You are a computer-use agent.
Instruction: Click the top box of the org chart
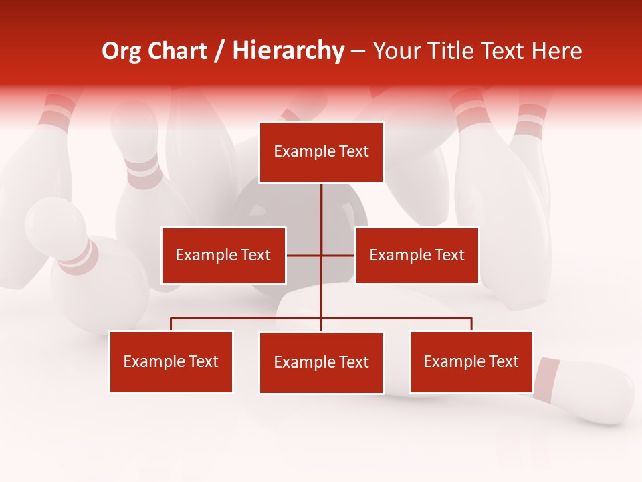[321, 152]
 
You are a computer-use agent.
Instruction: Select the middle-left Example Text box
[223, 255]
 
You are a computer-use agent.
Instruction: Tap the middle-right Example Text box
[417, 255]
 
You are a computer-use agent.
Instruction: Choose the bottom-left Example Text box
[171, 361]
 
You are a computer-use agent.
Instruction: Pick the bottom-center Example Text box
[321, 362]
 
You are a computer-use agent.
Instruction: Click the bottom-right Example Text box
[471, 361]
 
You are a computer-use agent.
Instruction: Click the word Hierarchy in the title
[288, 51]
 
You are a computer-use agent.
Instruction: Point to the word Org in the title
[121, 51]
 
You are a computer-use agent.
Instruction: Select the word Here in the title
[556, 51]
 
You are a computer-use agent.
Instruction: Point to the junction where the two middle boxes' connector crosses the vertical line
[321, 255]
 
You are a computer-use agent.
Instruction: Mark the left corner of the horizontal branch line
[171, 319]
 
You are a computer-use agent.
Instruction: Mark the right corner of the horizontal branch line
[471, 319]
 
